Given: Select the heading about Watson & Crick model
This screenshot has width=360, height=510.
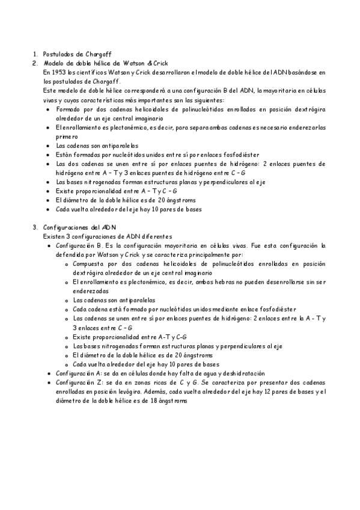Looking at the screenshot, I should [106, 63].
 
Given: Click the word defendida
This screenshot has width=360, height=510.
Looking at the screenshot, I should [71, 254].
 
